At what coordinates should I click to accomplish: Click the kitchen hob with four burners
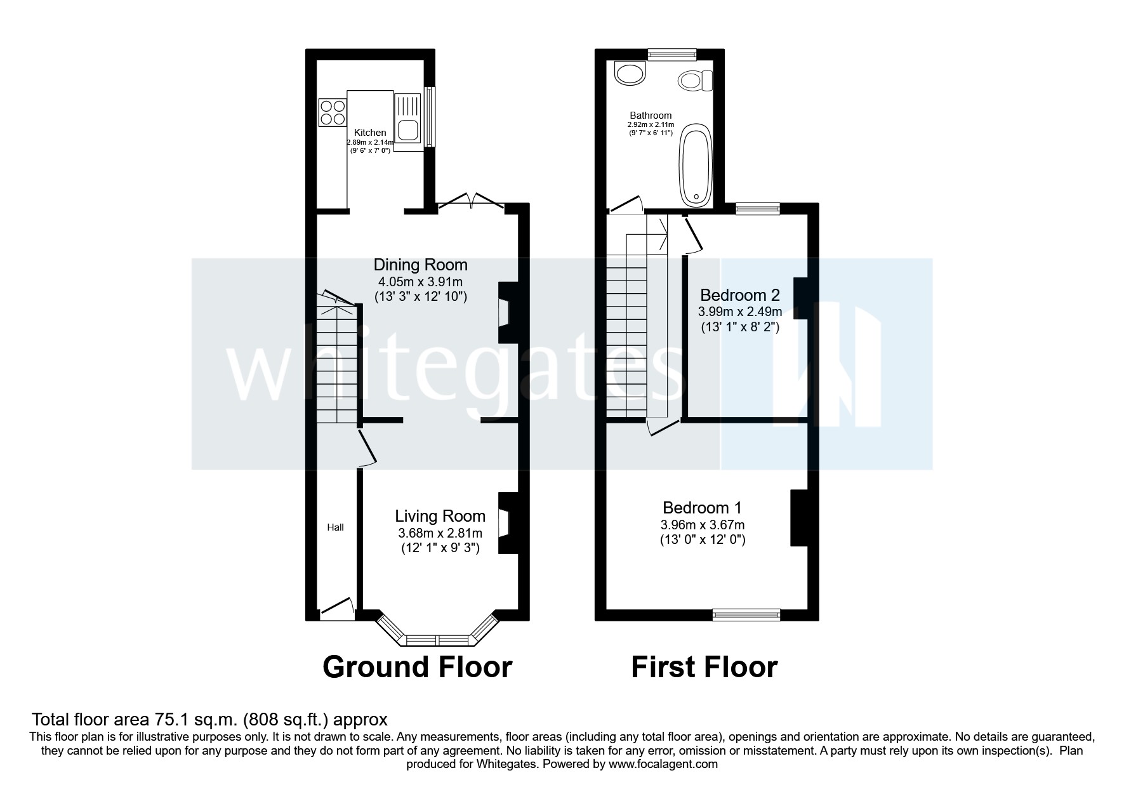pyautogui.click(x=332, y=112)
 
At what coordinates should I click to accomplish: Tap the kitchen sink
pyautogui.click(x=407, y=121)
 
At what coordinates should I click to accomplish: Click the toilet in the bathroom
pyautogui.click(x=696, y=81)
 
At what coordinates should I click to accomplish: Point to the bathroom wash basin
pyautogui.click(x=630, y=73)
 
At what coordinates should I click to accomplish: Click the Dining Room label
pyautogui.click(x=420, y=265)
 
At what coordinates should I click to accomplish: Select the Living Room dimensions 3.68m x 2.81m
pyautogui.click(x=440, y=532)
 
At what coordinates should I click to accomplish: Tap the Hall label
pyautogui.click(x=335, y=527)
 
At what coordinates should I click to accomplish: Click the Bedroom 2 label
pyautogui.click(x=739, y=295)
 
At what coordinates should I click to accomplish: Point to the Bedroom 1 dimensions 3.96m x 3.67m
pyautogui.click(x=702, y=525)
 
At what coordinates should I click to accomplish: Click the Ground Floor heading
pyautogui.click(x=417, y=667)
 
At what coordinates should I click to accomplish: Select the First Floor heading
pyautogui.click(x=704, y=667)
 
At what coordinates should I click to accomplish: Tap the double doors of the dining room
pyautogui.click(x=470, y=201)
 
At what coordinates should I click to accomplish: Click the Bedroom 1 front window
pyautogui.click(x=746, y=614)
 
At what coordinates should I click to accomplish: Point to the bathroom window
pyautogui.click(x=671, y=55)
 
